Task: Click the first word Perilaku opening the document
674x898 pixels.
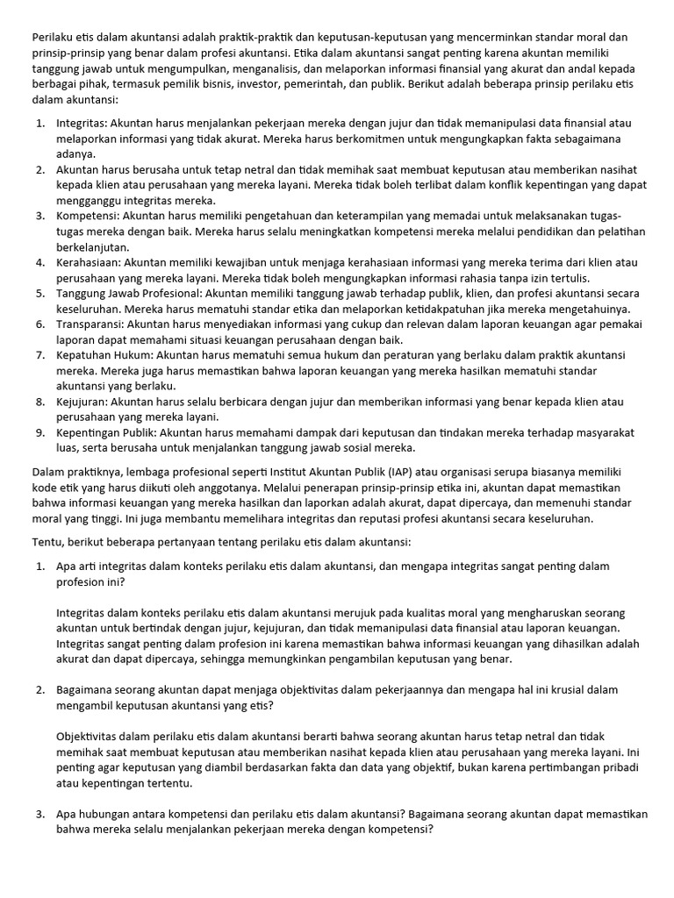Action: pyautogui.click(x=54, y=37)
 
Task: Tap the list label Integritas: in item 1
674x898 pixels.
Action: pyautogui.click(x=82, y=123)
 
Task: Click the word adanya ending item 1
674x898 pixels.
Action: pyautogui.click(x=75, y=153)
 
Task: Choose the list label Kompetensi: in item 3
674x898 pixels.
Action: pyautogui.click(x=88, y=216)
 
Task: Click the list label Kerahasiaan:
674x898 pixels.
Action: pyautogui.click(x=89, y=262)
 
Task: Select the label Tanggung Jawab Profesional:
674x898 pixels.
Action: pyautogui.click(x=129, y=293)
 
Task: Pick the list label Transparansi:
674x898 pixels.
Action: pyautogui.click(x=90, y=324)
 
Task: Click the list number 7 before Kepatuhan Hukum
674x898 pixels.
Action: pyautogui.click(x=39, y=355)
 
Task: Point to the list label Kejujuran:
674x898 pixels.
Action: pyautogui.click(x=81, y=402)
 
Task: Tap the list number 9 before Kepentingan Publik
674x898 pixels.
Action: pyautogui.click(x=39, y=432)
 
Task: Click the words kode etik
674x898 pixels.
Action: pyautogui.click(x=56, y=487)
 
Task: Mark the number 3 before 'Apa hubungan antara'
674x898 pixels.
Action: pyautogui.click(x=39, y=814)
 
